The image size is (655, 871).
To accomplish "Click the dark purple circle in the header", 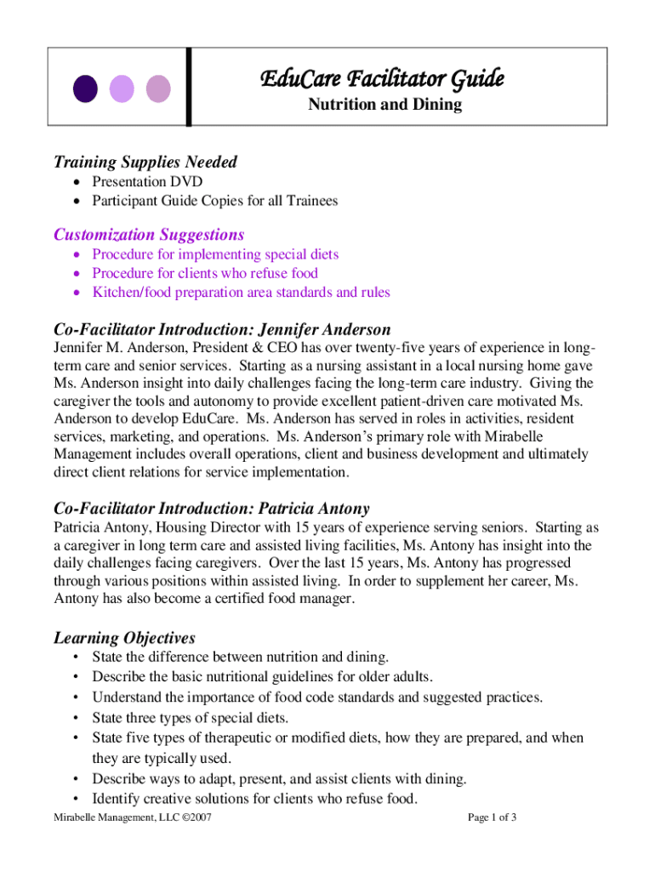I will [85, 88].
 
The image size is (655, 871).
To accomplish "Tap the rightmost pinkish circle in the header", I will [158, 88].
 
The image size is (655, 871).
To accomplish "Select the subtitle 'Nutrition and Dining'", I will [384, 105].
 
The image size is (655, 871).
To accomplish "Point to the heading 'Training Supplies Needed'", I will [145, 162].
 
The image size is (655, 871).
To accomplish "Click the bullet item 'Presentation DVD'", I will [147, 181].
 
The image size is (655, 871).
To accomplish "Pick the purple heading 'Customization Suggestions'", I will [149, 234].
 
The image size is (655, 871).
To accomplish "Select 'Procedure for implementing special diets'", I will [215, 254].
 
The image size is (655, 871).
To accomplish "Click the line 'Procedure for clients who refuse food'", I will [205, 273].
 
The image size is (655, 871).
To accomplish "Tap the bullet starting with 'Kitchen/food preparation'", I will [241, 292].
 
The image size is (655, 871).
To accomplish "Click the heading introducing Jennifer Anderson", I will [222, 329].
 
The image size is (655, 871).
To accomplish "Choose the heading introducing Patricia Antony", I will [211, 509].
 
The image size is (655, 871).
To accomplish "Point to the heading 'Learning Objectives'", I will [124, 637].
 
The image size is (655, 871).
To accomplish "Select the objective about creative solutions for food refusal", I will [255, 798].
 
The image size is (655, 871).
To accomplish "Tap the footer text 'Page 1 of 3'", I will [493, 817].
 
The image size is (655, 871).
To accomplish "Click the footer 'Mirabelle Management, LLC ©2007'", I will [132, 817].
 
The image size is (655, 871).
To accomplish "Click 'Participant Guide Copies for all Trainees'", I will [215, 201].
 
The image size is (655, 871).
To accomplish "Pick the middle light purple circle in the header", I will [122, 88].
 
